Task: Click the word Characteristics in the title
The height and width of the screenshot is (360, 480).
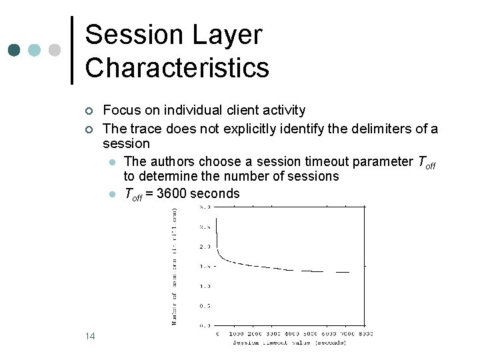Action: pos(177,67)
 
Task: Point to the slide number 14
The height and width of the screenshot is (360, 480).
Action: pos(90,336)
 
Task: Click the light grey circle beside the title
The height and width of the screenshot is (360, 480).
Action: pos(55,50)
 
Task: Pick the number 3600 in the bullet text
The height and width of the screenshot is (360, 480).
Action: pos(172,194)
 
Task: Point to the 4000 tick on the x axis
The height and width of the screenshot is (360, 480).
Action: pos(292,333)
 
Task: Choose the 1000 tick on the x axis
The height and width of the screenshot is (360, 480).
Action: pos(237,333)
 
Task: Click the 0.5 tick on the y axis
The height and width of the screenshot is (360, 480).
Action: pos(205,306)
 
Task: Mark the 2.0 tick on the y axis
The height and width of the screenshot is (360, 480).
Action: pos(205,247)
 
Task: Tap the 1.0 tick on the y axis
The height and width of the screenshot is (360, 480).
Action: pos(205,286)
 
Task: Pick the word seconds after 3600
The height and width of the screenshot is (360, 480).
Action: pos(215,194)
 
